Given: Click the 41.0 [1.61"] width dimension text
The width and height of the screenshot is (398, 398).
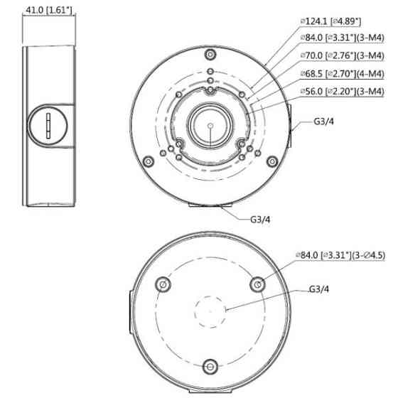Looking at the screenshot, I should (x=52, y=11).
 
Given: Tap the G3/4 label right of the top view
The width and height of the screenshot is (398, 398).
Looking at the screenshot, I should (x=324, y=120).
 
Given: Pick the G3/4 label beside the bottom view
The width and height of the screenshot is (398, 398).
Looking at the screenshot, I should (x=319, y=290).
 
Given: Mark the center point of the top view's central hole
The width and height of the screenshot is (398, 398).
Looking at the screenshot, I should (x=211, y=124).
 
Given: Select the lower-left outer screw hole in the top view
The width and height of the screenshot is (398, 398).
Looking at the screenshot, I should (x=146, y=162).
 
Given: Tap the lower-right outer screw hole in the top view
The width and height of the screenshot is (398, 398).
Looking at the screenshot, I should (x=272, y=162).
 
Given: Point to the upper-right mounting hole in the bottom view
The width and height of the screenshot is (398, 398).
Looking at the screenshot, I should (x=257, y=284).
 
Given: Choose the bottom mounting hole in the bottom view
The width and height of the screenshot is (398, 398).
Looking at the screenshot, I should (x=210, y=366).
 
